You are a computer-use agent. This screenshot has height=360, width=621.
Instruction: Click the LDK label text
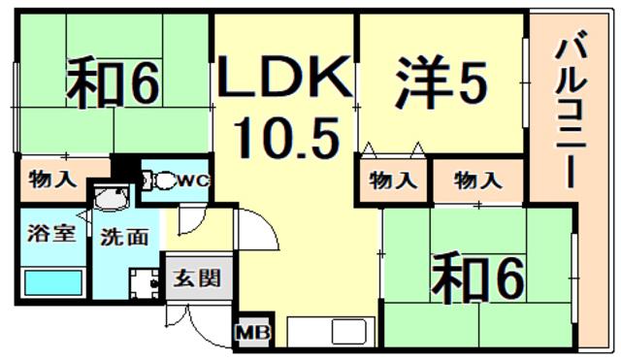coord(284,77)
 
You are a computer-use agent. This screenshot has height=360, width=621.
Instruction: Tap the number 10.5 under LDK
coord(287,138)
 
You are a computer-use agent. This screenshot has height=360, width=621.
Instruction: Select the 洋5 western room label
coord(441,82)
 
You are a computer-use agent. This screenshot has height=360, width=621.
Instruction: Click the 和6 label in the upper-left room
coord(113,82)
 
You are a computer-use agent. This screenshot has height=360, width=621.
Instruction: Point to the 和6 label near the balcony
coord(478,278)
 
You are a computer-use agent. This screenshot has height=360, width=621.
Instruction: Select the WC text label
coord(193,181)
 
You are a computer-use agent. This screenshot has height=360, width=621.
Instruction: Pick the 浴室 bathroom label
coord(51,233)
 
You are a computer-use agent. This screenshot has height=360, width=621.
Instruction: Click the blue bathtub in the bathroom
coord(53,282)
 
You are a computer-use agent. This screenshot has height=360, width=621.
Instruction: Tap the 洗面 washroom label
coord(124,237)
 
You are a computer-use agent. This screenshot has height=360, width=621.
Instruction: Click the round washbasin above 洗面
coord(112,197)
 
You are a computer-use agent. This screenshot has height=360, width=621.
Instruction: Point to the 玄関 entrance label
coord(197,278)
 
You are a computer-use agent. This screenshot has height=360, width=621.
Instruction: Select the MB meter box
coord(253,332)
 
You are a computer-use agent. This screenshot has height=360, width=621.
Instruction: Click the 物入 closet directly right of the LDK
coord(393,180)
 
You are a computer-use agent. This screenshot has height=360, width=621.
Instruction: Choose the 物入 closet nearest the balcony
coord(478,180)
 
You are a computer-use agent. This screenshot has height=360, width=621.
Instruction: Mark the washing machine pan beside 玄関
coord(145,283)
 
